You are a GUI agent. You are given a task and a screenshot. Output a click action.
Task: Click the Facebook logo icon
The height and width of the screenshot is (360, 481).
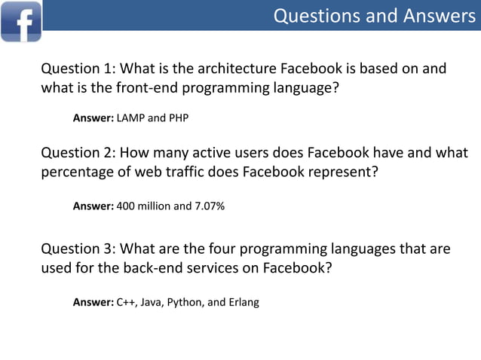(21, 20)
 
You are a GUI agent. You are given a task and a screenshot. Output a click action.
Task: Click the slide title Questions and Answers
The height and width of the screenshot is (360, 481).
(374, 15)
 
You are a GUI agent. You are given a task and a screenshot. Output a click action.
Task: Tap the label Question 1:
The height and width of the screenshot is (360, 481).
(78, 69)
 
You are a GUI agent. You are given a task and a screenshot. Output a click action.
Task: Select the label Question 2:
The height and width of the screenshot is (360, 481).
(78, 153)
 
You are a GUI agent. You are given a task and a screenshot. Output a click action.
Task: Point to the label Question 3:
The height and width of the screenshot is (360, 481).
(78, 249)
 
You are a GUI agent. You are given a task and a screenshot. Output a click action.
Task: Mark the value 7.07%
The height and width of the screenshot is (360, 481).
(209, 205)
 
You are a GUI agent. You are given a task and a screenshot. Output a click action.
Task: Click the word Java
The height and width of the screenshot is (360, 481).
(152, 302)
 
